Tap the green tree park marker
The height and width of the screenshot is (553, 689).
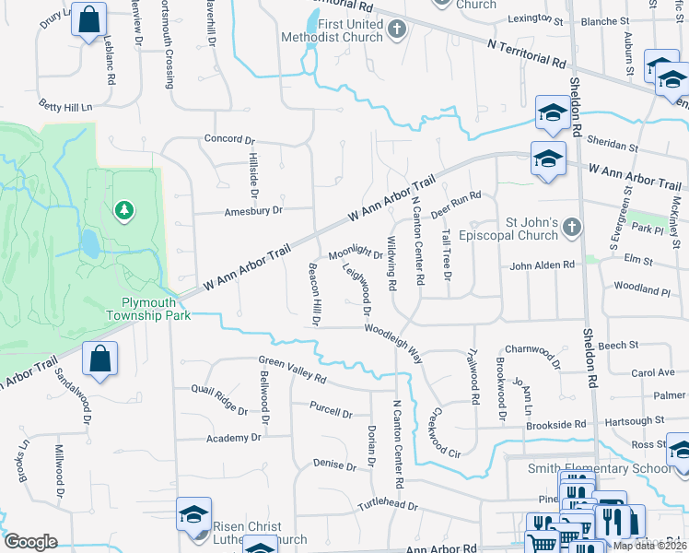pyautogui.click(x=123, y=212)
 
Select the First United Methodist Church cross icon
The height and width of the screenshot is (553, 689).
pyautogui.click(x=397, y=30)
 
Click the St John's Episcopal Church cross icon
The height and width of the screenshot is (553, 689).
pyautogui.click(x=573, y=227)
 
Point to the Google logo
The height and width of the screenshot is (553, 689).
pyautogui.click(x=30, y=541)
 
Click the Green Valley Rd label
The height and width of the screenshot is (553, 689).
pyautogui.click(x=292, y=371)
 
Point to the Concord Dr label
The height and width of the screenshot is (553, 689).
pyautogui.click(x=228, y=140)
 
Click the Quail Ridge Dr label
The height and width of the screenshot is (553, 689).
pyautogui.click(x=218, y=398)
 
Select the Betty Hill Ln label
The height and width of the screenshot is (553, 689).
pyautogui.click(x=65, y=107)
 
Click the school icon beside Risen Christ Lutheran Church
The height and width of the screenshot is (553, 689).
pyautogui.click(x=194, y=514)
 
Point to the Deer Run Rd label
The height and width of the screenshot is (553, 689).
pyautogui.click(x=456, y=199)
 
